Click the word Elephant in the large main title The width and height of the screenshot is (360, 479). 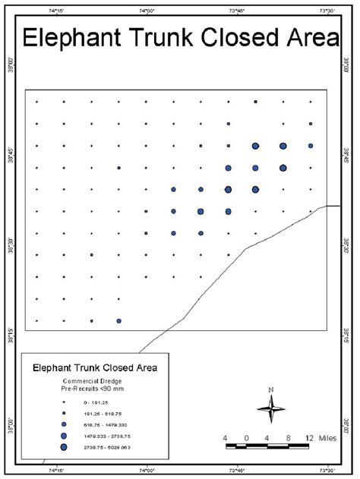(x=75, y=39)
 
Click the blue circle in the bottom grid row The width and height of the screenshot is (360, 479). (x=119, y=320)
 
